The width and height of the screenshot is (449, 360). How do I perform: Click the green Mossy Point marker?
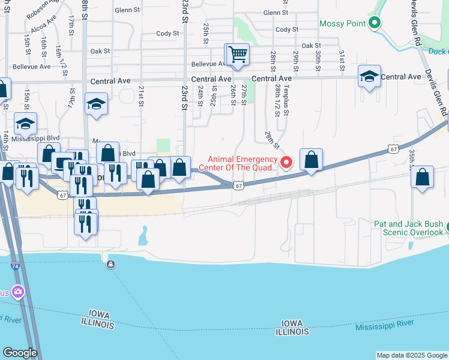coord(375,23)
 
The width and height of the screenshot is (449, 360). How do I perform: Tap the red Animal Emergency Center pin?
coord(286,162)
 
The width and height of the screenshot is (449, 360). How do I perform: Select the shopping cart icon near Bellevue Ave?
coord(237,55)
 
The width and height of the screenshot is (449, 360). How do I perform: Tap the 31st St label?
coord(342,58)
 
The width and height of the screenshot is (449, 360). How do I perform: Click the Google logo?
coord(20,352)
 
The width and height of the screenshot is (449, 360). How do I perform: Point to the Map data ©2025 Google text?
coord(412,355)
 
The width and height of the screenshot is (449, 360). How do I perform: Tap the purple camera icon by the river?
coord(17,292)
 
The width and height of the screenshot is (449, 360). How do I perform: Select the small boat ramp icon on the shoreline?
coord(110,264)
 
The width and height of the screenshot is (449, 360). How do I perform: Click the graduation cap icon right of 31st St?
coord(369,77)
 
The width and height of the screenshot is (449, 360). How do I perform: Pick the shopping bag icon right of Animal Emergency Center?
coord(311,160)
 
